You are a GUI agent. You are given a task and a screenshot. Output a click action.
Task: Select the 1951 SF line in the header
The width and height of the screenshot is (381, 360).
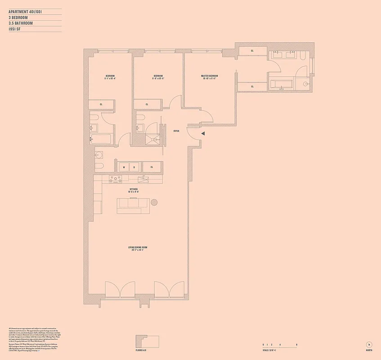(x=16, y=29)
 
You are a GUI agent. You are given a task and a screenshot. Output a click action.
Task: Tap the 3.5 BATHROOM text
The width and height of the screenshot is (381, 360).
(x=21, y=23)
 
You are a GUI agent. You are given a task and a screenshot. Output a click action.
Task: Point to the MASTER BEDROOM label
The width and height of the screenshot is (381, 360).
(x=209, y=76)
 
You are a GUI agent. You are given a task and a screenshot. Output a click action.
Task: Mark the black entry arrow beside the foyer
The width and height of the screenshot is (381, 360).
(x=203, y=134)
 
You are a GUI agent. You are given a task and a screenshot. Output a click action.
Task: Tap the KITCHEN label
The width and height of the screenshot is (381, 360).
(x=134, y=189)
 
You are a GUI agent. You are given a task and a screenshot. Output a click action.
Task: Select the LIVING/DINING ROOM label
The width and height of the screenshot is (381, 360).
(x=138, y=247)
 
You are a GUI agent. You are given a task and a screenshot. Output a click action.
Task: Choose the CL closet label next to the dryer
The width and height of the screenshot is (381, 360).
(x=152, y=167)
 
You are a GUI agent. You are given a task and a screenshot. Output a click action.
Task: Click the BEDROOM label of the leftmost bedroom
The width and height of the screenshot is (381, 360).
(x=110, y=76)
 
